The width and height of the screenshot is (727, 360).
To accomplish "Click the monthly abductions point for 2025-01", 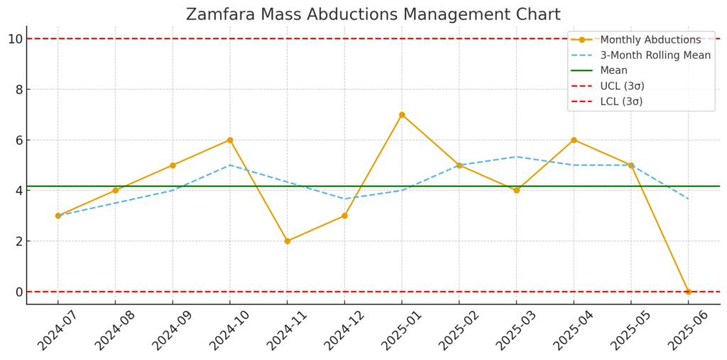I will coord(402,115).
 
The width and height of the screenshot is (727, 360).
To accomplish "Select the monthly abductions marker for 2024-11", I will coord(288,241).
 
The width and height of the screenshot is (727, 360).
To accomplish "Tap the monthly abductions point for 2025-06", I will coord(688,292).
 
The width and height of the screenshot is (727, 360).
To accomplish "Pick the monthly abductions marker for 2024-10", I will coord(230,140).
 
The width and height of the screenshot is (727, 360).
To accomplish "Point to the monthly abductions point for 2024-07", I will coord(58,216).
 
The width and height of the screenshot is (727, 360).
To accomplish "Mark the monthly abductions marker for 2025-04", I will coord(574,140).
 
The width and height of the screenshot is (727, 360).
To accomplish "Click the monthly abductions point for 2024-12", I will coord(344,216).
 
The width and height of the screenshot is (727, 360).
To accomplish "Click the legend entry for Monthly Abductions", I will coord(650,40).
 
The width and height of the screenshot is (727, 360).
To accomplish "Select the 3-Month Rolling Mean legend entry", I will coord(655,55).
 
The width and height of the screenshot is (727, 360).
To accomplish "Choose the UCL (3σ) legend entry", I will coord(622,86).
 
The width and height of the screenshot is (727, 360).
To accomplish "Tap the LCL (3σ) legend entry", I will coord(621,101).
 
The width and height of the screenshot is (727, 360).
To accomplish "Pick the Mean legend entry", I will coord(613,70).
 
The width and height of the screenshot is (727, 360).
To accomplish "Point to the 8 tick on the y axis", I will coord(18,89).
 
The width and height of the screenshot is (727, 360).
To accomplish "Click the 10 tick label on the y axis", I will coord(15,39).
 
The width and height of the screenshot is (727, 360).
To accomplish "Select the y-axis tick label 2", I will coord(18,241).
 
